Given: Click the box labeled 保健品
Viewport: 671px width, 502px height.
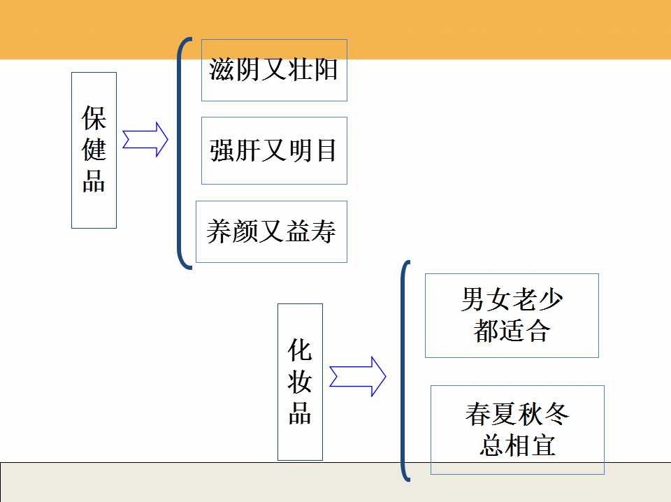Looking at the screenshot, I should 94,150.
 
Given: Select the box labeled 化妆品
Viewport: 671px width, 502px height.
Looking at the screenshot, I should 300,382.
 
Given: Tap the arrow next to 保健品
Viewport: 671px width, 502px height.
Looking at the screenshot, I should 145,139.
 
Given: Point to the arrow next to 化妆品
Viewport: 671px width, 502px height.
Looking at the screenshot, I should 358,377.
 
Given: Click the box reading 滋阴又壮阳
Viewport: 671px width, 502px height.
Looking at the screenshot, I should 274,70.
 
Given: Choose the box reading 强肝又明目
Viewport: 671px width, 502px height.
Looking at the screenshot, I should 274,150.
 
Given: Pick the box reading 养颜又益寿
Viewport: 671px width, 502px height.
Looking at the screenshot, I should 271,231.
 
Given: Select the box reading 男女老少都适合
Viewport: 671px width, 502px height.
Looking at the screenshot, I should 512,315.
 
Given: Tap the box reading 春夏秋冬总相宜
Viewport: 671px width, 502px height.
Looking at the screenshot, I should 517,429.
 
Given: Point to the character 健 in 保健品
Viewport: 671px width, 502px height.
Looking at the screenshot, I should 94,150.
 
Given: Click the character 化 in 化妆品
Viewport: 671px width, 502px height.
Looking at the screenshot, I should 300,350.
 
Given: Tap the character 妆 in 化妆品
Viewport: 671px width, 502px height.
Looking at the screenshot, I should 300,382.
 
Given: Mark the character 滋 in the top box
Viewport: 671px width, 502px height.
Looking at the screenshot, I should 221,70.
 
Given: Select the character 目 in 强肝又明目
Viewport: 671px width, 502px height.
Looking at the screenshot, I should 326,150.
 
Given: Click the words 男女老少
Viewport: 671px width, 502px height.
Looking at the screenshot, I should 512,300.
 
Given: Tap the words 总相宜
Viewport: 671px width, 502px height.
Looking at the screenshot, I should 517,445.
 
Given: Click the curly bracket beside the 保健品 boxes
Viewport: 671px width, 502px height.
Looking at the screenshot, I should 181,152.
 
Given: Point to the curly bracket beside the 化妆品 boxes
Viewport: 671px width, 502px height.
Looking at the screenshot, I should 403,371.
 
